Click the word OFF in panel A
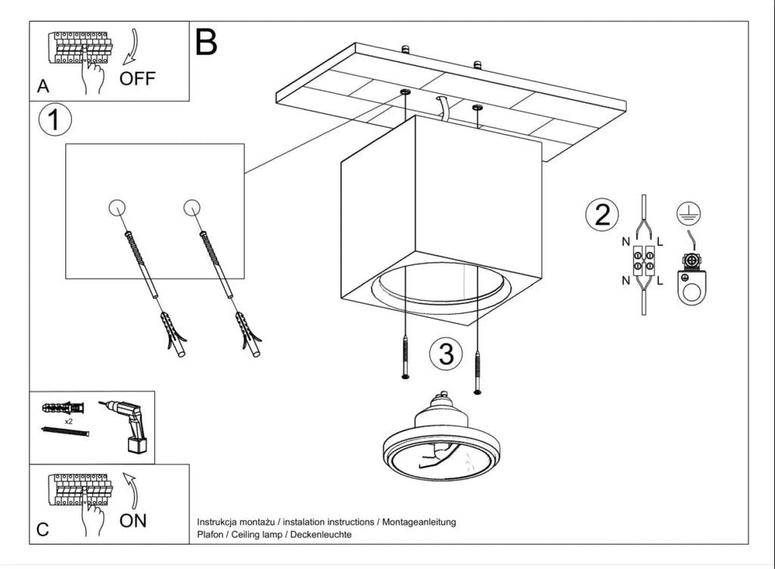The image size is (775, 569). [x=138, y=79]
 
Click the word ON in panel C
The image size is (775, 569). [x=133, y=521]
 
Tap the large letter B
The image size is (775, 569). [x=206, y=42]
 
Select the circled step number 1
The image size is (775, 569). [x=54, y=120]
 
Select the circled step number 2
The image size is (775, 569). [x=602, y=214]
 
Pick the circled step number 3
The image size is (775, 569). [x=446, y=353]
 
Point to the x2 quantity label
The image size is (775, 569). [x=68, y=421]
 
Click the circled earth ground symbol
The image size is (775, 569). [x=689, y=213]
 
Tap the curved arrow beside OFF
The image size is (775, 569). [x=133, y=47]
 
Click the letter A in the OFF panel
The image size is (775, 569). [x=43, y=86]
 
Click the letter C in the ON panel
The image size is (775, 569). [x=43, y=530]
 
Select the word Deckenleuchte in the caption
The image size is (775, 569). [x=321, y=534]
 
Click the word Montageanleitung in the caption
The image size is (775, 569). [x=419, y=522]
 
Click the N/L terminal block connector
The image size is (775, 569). [x=643, y=261]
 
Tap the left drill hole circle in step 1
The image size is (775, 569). [x=117, y=207]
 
